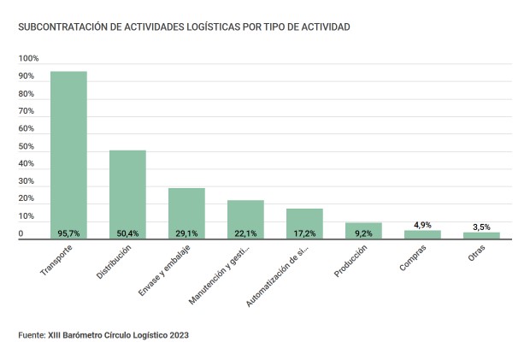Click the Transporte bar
(68, 154)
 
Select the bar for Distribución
(127, 193)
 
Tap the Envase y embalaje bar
(186, 212)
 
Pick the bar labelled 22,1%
(245, 218)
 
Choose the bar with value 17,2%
(304, 222)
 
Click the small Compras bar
(422, 234)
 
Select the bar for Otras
(481, 235)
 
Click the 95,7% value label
(68, 233)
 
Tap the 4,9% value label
(422, 225)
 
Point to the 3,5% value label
(481, 227)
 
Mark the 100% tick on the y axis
(29, 59)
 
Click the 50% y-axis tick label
(27, 147)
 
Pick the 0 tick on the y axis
(21, 234)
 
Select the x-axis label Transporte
(56, 261)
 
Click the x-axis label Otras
(474, 256)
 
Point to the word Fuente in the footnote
(31, 335)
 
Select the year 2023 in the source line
(177, 335)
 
